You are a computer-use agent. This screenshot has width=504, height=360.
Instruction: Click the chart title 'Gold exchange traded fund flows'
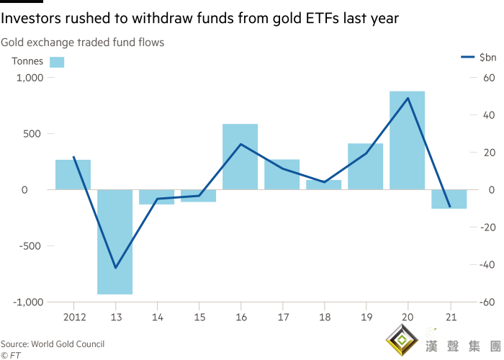pyautogui.click(x=82, y=42)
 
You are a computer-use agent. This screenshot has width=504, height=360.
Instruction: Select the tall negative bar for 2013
pyautogui.click(x=115, y=242)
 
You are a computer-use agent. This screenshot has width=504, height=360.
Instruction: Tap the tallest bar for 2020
pyautogui.click(x=408, y=140)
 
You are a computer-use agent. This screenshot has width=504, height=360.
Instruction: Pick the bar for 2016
pyautogui.click(x=240, y=156)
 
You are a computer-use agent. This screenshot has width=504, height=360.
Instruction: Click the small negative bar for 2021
pyautogui.click(x=449, y=199)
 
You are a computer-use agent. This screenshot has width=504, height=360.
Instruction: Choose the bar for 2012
pyautogui.click(x=73, y=174)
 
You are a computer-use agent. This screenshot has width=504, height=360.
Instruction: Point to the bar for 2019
pyautogui.click(x=366, y=166)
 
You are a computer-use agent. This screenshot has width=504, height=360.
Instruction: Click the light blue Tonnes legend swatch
pyautogui.click(x=57, y=62)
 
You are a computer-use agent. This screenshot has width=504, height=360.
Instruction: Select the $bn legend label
pyautogui.click(x=487, y=57)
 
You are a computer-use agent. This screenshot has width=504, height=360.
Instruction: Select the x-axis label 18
pyautogui.click(x=324, y=317)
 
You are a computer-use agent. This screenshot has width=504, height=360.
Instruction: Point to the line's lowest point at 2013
pyautogui.click(x=115, y=268)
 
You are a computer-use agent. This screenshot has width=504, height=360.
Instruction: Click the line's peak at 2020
pyautogui.click(x=408, y=98)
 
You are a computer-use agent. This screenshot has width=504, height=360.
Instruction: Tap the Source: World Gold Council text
pyautogui.click(x=52, y=344)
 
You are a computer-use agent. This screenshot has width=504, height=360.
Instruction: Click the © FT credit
pyautogui.click(x=10, y=355)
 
